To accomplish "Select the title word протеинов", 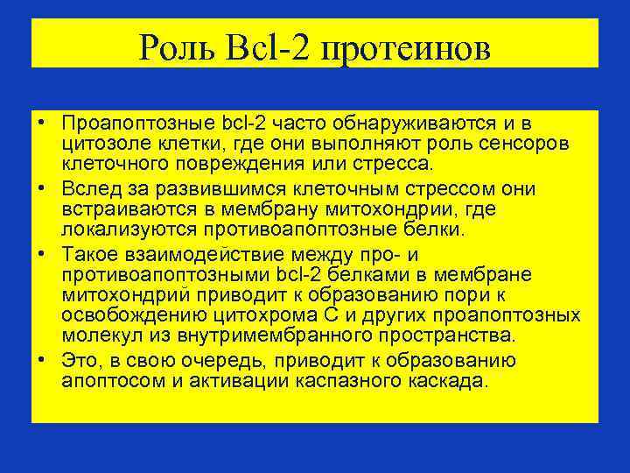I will [406, 46].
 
